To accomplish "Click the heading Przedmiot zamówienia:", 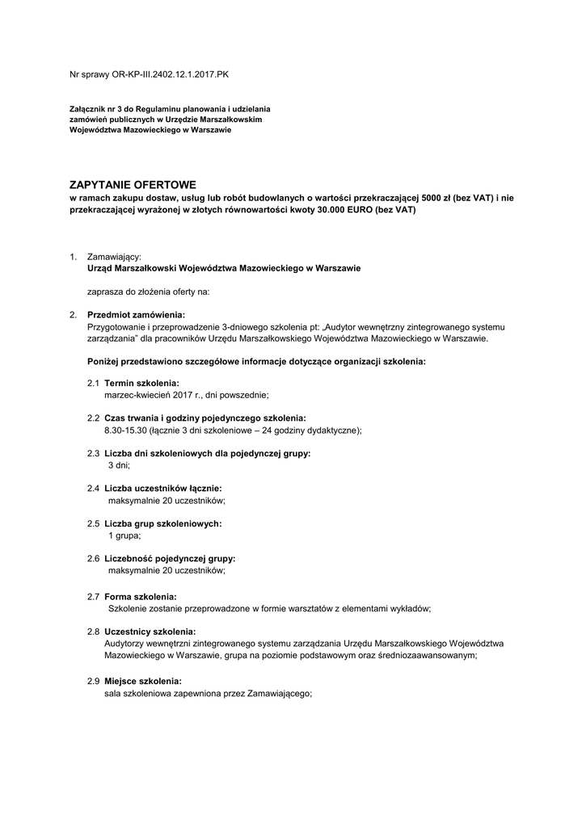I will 137,314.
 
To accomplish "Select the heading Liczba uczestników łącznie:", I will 163,489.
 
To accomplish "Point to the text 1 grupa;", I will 124,536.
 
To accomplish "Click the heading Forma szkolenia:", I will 141,596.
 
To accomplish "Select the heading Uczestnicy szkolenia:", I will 150,632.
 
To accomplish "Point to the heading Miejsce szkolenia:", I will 143,680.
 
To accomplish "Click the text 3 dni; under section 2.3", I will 119,466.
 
